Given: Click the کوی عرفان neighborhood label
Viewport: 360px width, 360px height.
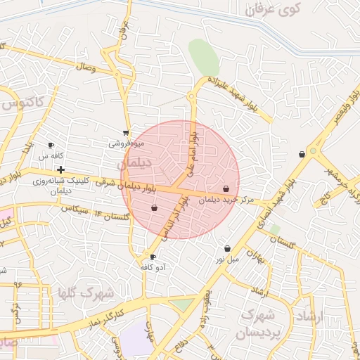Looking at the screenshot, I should click(x=276, y=10).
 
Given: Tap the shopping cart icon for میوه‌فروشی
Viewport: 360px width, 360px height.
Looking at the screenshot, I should click(x=126, y=132).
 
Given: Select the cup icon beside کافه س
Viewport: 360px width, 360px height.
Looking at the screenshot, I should click(x=51, y=145).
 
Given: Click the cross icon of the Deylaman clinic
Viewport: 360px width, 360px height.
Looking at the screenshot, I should click(x=61, y=169).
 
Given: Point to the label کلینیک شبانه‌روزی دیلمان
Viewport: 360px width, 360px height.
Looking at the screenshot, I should click(x=61, y=185).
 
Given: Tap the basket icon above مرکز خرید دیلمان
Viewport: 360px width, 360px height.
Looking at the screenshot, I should click(x=226, y=188).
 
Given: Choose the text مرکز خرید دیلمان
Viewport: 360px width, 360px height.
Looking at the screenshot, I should click(x=226, y=199).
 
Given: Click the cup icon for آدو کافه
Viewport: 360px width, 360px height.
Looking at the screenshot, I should click(x=153, y=257).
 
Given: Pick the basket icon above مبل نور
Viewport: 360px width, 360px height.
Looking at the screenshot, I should click(x=227, y=248).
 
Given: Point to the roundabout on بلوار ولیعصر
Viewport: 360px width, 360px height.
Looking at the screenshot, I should click(x=312, y=150).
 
